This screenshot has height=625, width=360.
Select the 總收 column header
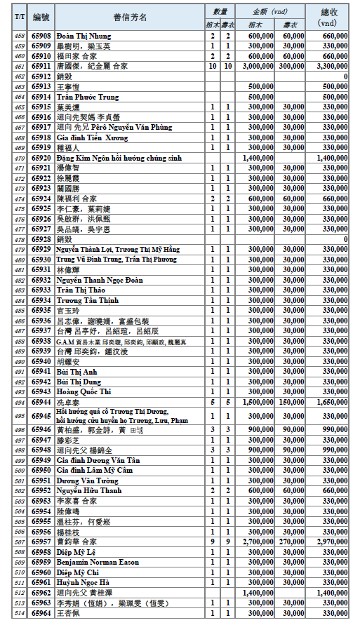[329, 17]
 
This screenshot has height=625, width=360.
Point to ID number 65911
[42, 65]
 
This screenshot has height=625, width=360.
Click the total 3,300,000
[331, 65]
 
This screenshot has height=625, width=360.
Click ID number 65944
[42, 402]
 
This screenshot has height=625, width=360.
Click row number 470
[20, 159]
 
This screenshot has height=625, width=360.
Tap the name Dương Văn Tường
[88, 480]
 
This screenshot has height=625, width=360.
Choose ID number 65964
[42, 612]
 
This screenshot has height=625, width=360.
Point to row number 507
[20, 542]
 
